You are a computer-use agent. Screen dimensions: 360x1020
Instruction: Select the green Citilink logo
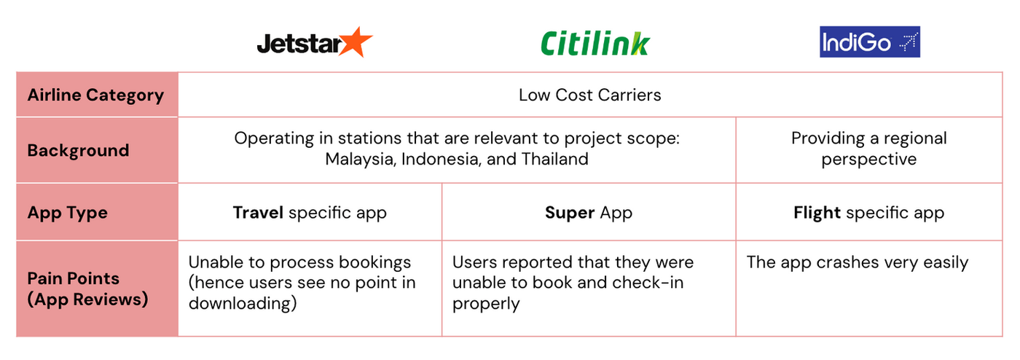(x=595, y=43)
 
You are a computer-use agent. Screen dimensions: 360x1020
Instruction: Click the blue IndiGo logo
(x=869, y=42)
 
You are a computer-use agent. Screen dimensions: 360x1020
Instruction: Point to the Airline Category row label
(x=95, y=95)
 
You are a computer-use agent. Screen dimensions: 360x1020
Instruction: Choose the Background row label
(x=78, y=150)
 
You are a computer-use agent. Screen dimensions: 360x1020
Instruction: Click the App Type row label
(x=67, y=213)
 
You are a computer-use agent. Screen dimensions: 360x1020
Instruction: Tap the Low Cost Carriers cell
(x=589, y=95)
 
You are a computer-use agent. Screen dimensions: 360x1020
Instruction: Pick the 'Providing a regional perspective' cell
(x=868, y=149)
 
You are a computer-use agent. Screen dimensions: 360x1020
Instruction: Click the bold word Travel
(x=258, y=213)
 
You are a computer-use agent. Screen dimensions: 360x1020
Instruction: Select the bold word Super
(x=570, y=213)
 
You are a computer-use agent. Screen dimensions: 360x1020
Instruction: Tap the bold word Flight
(x=817, y=213)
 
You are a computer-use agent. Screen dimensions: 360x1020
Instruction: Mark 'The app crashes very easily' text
(x=857, y=262)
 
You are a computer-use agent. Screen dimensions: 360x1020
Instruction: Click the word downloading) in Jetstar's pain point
(x=242, y=303)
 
